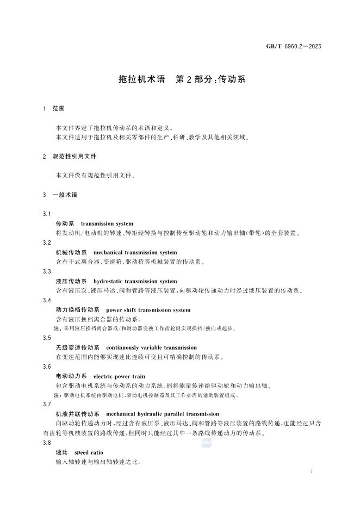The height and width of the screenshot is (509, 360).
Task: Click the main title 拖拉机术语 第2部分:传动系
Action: click(x=182, y=79)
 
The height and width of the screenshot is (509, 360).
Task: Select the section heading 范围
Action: click(x=59, y=109)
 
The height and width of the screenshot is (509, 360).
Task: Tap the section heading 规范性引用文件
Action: click(x=75, y=156)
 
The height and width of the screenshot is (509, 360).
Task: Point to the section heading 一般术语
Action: click(x=65, y=194)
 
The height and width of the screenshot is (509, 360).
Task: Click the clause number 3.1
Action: click(x=47, y=214)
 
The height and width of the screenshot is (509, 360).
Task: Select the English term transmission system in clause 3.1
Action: click(x=107, y=224)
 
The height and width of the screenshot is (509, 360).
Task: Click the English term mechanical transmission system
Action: click(x=135, y=252)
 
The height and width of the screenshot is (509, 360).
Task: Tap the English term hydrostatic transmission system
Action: click(x=135, y=281)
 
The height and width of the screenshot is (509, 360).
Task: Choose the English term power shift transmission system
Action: click(x=148, y=310)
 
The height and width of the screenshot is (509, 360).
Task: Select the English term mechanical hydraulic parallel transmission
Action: click(x=163, y=414)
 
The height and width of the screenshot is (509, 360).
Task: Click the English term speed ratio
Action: click(x=89, y=452)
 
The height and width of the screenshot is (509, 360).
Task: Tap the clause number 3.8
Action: click(x=47, y=443)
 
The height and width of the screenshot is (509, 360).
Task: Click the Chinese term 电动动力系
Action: click(x=71, y=376)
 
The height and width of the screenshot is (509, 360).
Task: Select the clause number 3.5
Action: click(x=47, y=338)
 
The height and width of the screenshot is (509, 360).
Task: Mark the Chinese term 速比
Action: click(x=61, y=452)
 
